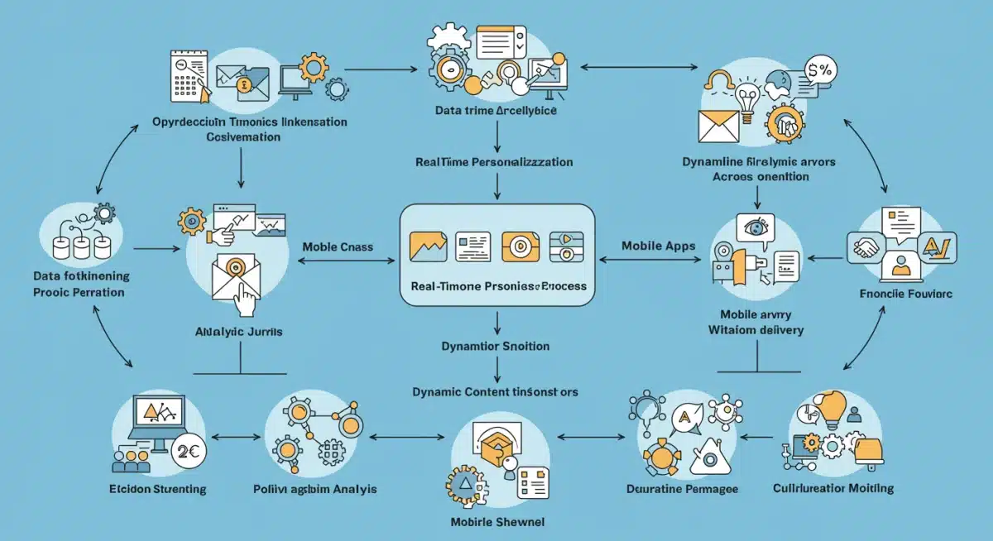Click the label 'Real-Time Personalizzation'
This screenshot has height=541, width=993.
[495, 162]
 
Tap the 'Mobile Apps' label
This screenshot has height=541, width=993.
[658, 247]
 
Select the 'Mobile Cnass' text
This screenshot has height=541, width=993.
[338, 247]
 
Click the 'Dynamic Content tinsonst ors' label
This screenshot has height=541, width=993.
[495, 391]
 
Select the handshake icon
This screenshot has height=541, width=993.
[866, 247]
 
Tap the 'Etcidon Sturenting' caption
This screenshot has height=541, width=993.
[157, 489]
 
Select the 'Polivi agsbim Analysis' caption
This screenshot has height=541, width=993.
[314, 489]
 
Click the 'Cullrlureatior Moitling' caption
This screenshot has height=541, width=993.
[832, 488]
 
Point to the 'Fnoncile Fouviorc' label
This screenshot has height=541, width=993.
[894, 294]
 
